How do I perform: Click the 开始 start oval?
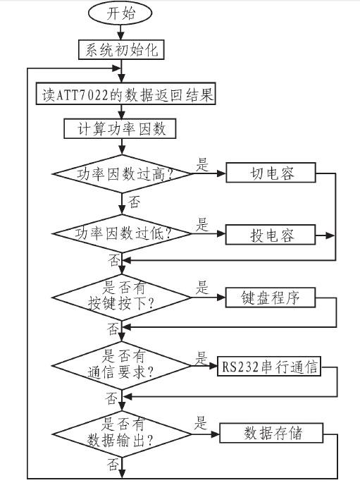click(120, 14)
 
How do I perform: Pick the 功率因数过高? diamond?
click(123, 173)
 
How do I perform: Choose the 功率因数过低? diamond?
click(123, 234)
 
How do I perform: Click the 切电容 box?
click(271, 173)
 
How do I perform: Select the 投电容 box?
click(271, 234)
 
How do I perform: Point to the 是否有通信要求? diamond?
click(123, 365)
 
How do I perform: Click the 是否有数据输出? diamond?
click(123, 431)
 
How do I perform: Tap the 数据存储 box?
click(272, 432)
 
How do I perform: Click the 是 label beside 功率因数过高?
click(202, 166)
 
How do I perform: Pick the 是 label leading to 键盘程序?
click(202, 288)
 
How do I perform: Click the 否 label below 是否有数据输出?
click(113, 465)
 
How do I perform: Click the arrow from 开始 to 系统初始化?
click(121, 32)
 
